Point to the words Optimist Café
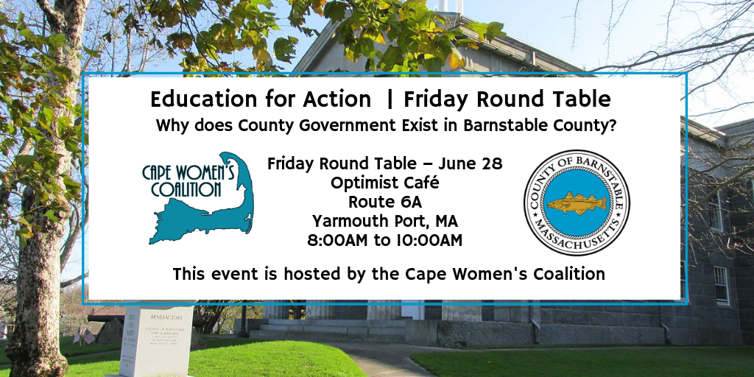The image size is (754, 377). tap(384, 183)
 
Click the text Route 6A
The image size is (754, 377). tap(384, 202)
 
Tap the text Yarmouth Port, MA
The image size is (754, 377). tap(384, 221)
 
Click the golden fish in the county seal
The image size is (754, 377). tap(577, 203)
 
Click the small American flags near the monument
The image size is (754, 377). tap(85, 335)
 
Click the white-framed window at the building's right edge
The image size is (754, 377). tap(722, 286)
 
